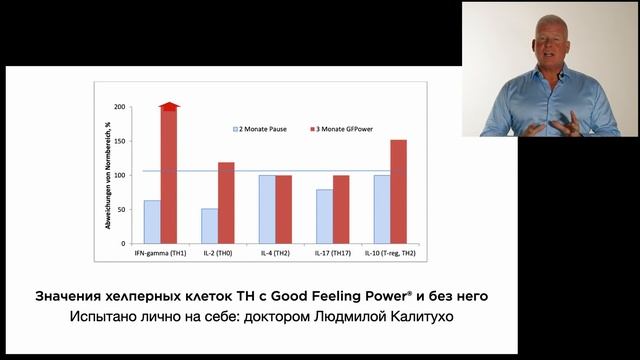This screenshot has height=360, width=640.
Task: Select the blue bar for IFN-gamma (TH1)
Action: (x=152, y=221)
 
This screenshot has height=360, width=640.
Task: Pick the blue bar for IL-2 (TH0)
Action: (x=209, y=225)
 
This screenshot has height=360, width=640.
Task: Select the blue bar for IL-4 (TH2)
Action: (x=266, y=209)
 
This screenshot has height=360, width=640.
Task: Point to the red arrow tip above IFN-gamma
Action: (x=169, y=104)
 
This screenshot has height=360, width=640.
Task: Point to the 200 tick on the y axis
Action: (x=121, y=107)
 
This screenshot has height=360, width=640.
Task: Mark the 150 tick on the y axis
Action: (x=121, y=141)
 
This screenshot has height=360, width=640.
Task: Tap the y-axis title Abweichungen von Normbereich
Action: (x=108, y=175)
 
